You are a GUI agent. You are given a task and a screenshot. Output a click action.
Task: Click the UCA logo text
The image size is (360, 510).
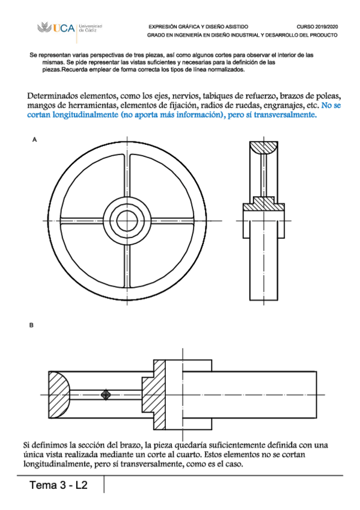(x=64, y=28)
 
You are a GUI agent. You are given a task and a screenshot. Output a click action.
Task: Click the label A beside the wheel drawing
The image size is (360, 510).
(x=34, y=140)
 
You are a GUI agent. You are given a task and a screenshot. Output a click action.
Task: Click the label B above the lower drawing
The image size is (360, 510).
(x=31, y=325)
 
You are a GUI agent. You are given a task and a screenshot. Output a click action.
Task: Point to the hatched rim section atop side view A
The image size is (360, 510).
(x=263, y=147)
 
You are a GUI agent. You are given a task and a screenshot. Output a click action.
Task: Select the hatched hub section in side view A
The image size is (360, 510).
(x=264, y=204)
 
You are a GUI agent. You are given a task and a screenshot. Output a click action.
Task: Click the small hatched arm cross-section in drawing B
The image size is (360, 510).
(x=105, y=395)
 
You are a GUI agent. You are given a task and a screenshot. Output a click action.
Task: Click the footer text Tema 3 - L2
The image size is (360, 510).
(x=58, y=485)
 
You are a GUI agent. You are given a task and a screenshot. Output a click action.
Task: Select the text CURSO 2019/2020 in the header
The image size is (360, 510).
(x=317, y=26)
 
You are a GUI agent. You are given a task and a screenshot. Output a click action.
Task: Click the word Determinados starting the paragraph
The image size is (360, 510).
(x=53, y=96)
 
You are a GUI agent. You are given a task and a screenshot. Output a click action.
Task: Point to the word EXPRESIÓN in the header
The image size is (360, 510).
(x=160, y=26)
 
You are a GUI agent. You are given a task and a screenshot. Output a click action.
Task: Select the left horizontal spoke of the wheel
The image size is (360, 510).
(x=82, y=221)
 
